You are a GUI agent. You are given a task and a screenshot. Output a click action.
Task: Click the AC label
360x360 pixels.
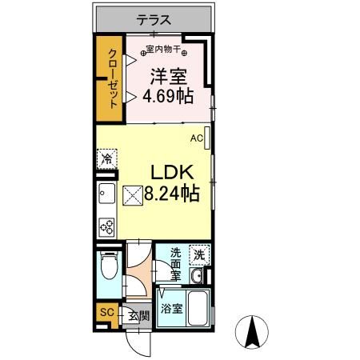pos(196,138)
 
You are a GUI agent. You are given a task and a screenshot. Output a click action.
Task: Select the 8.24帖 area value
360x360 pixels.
pos(171,193)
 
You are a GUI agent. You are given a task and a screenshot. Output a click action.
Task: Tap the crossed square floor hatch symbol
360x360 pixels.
pos(132,194)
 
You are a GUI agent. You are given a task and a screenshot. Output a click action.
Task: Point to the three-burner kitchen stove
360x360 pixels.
pos(106,226)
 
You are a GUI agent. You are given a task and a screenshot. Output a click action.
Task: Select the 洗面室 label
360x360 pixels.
pos(176,263)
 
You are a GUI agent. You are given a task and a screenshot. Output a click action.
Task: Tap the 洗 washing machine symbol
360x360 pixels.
pos(198,255)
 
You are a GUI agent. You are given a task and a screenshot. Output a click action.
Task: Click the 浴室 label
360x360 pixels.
pos(170,308)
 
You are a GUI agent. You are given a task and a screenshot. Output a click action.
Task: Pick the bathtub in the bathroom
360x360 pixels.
pos(195,307)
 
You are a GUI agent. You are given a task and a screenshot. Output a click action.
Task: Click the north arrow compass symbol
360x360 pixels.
pos(254,332)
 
